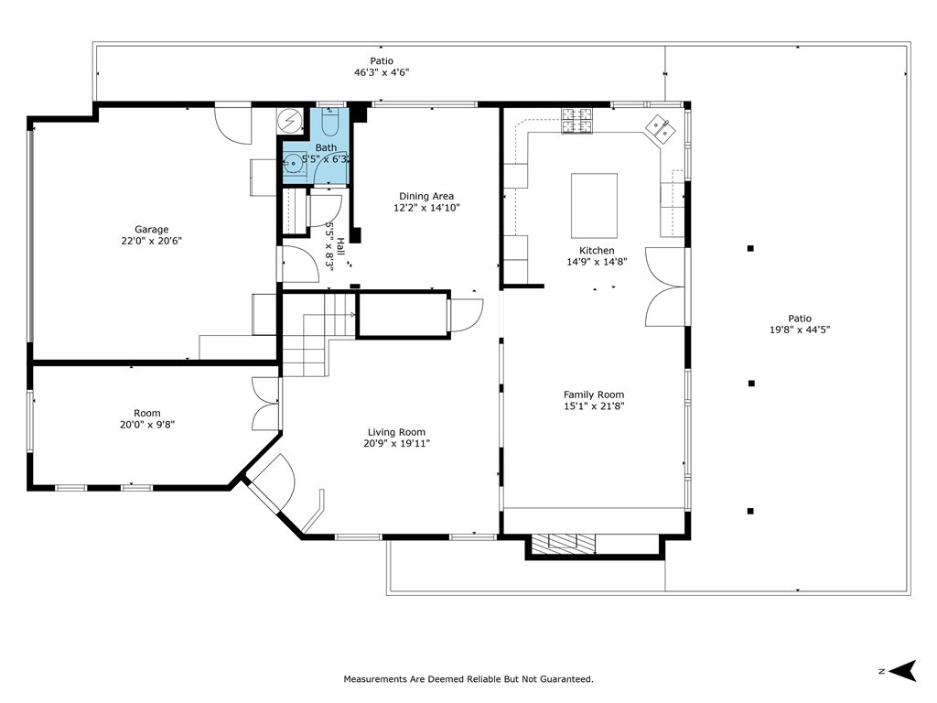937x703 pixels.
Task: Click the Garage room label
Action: [151, 230]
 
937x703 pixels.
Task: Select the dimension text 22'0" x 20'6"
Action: [151, 241]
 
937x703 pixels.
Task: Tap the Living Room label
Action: [396, 432]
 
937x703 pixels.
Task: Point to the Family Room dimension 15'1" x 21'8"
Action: [594, 406]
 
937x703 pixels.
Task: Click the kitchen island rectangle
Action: [594, 205]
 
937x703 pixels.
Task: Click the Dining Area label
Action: [425, 196]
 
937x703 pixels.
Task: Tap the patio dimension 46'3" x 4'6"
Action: [382, 72]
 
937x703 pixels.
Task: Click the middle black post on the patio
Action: [750, 384]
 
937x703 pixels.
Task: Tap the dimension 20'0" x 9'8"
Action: [147, 425]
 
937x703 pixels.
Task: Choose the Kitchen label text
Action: [597, 250]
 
